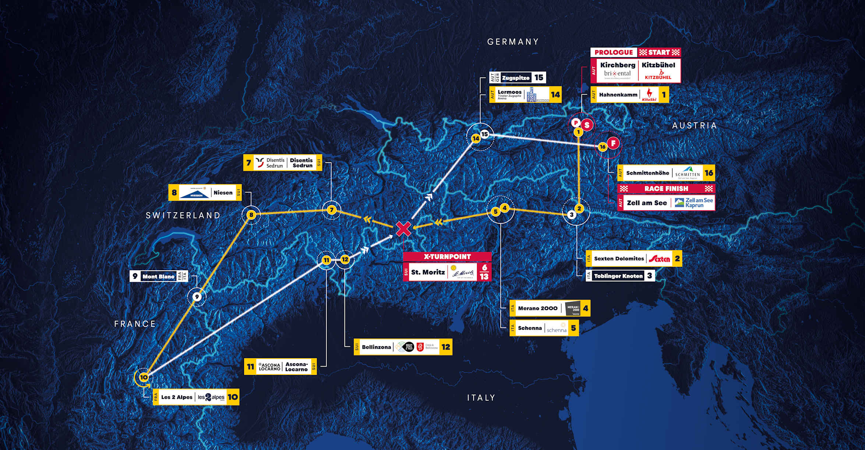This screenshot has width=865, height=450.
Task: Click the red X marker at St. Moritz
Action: (403, 229)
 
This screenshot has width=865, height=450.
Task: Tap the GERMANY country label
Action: (513, 42)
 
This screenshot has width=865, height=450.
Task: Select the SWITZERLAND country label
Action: (183, 215)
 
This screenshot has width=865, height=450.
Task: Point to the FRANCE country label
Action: (135, 324)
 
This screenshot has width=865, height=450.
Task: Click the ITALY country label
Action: (481, 398)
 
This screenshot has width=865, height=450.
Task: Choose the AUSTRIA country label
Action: (695, 126)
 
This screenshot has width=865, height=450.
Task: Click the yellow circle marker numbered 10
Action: (144, 377)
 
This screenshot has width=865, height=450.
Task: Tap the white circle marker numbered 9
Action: (197, 297)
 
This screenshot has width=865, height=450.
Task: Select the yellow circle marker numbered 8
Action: (251, 215)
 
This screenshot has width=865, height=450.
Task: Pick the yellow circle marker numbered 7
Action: (332, 210)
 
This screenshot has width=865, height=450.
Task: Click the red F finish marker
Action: (613, 143)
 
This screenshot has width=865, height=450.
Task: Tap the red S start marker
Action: (587, 125)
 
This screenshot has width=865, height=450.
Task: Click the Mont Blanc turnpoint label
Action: (158, 276)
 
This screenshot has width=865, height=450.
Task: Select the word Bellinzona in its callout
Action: (376, 347)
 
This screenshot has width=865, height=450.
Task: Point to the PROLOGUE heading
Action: (614, 53)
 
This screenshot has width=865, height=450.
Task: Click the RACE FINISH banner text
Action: (666, 189)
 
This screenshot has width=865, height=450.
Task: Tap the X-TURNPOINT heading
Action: (447, 257)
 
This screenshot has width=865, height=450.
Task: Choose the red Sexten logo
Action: (659, 259)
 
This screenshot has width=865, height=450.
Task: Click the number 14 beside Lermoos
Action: (555, 95)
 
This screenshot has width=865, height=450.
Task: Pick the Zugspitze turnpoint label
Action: (516, 78)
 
